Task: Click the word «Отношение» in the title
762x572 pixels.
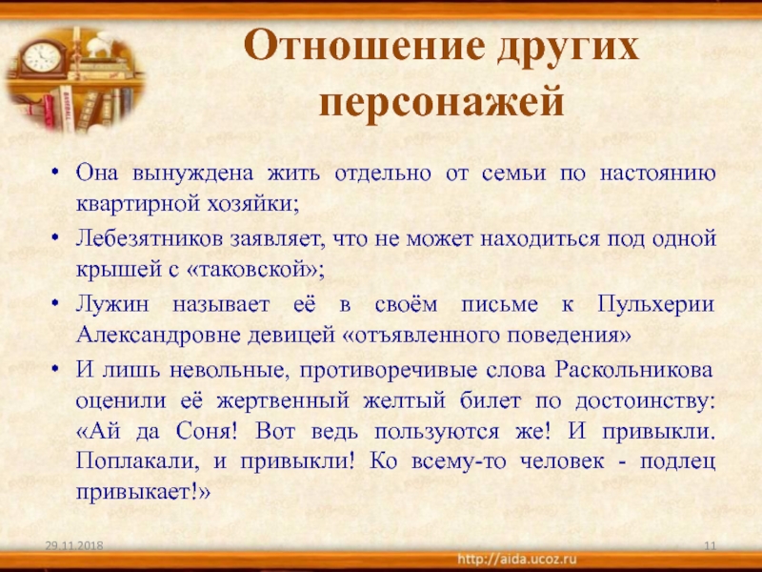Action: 365,47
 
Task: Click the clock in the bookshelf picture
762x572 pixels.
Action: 42,57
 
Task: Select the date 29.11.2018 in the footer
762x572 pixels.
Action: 74,545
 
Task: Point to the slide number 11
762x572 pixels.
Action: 710,545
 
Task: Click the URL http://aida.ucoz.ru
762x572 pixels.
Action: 517,559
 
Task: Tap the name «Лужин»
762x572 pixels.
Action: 112,305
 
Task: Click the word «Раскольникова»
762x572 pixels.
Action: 634,370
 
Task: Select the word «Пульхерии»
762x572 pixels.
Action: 655,305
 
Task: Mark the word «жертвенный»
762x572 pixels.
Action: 283,401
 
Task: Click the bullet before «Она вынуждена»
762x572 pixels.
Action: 56,173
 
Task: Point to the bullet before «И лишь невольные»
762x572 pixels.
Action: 56,370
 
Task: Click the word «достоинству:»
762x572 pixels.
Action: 646,401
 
